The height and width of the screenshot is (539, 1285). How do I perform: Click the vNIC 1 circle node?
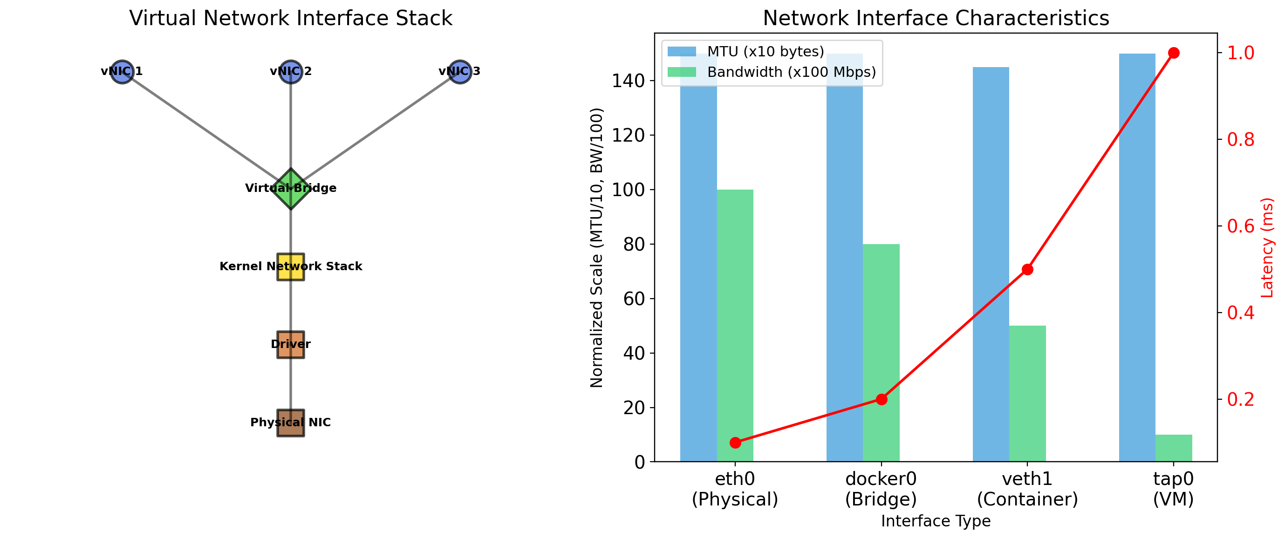pos(122,71)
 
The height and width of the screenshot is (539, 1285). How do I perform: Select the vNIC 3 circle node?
pos(459,71)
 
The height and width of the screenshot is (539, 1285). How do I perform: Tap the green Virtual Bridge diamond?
pos(291,189)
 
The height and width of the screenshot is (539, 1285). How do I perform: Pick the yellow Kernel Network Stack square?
pos(291,267)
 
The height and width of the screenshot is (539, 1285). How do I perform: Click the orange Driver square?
pos(291,345)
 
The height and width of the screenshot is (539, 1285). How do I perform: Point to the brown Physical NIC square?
pos(291,423)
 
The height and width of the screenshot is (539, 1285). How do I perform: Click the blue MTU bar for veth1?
pos(991,264)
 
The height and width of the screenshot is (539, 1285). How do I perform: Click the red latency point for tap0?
pos(1174,53)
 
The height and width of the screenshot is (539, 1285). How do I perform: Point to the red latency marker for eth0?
pos(735,443)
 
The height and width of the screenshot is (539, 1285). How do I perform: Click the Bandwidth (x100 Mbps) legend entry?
pos(791,72)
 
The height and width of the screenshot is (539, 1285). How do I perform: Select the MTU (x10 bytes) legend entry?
pos(765,51)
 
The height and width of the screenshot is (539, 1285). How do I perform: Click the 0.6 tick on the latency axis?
pos(1241,226)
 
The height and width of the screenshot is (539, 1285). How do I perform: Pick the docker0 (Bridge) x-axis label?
pos(881,489)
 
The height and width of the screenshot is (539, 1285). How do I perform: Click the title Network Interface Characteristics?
pos(936,19)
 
